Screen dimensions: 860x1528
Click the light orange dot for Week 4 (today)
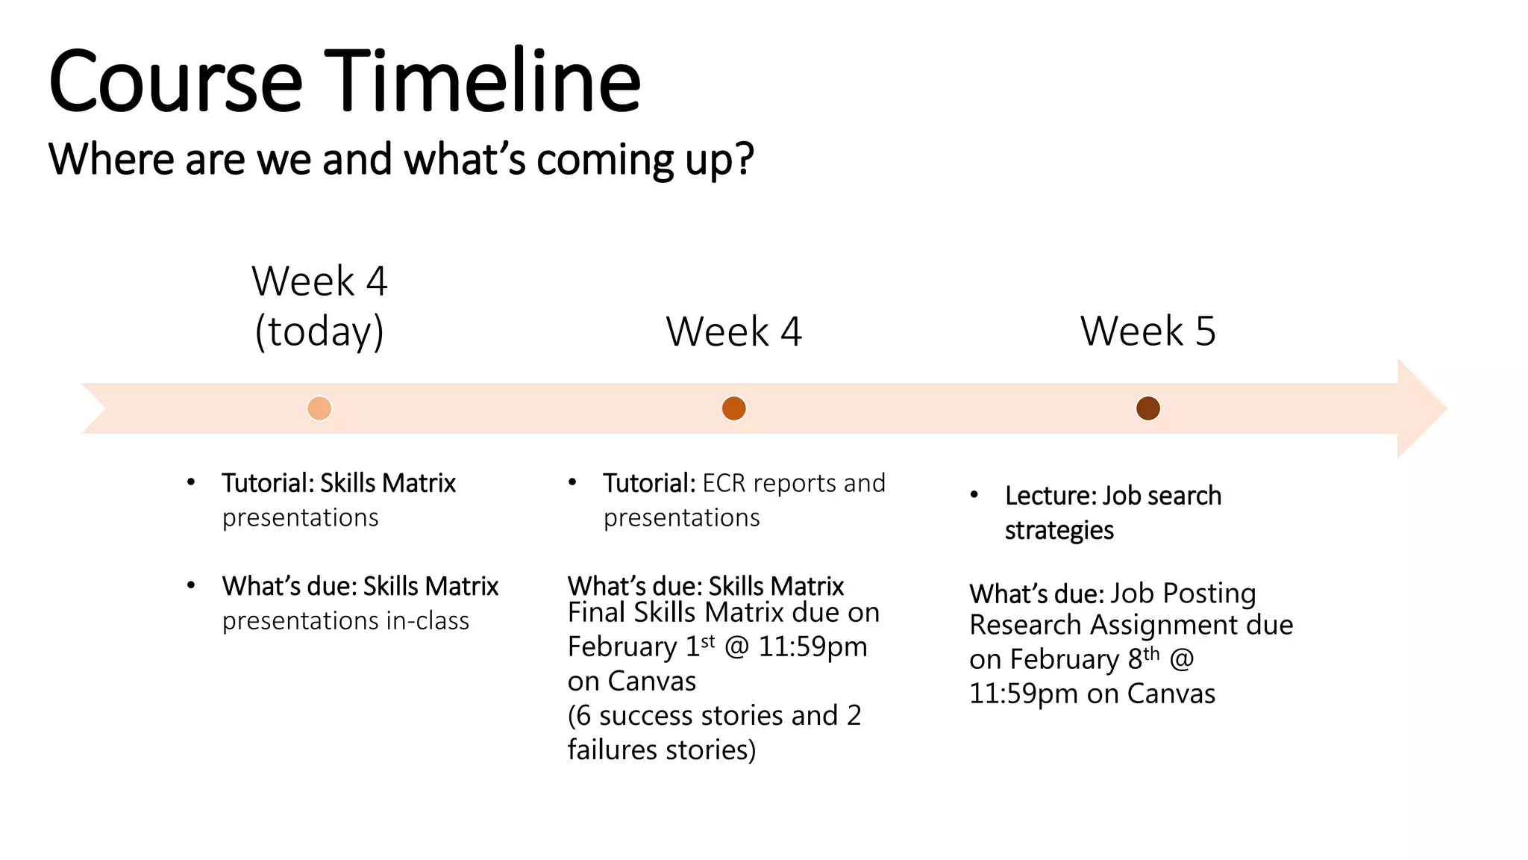[319, 408]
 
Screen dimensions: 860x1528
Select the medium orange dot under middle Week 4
[733, 408]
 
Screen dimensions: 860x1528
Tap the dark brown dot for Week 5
[1147, 408]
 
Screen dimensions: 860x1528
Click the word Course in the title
[175, 82]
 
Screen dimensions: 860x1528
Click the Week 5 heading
[1147, 331]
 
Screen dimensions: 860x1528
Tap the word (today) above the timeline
[319, 331]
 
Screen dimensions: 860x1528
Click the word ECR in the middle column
[723, 484]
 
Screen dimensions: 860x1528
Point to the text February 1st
[641, 646]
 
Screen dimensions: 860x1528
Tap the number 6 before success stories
[583, 716]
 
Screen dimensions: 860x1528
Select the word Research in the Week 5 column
[1024, 625]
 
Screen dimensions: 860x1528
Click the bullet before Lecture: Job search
[974, 495]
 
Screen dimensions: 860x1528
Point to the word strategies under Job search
[1059, 531]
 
